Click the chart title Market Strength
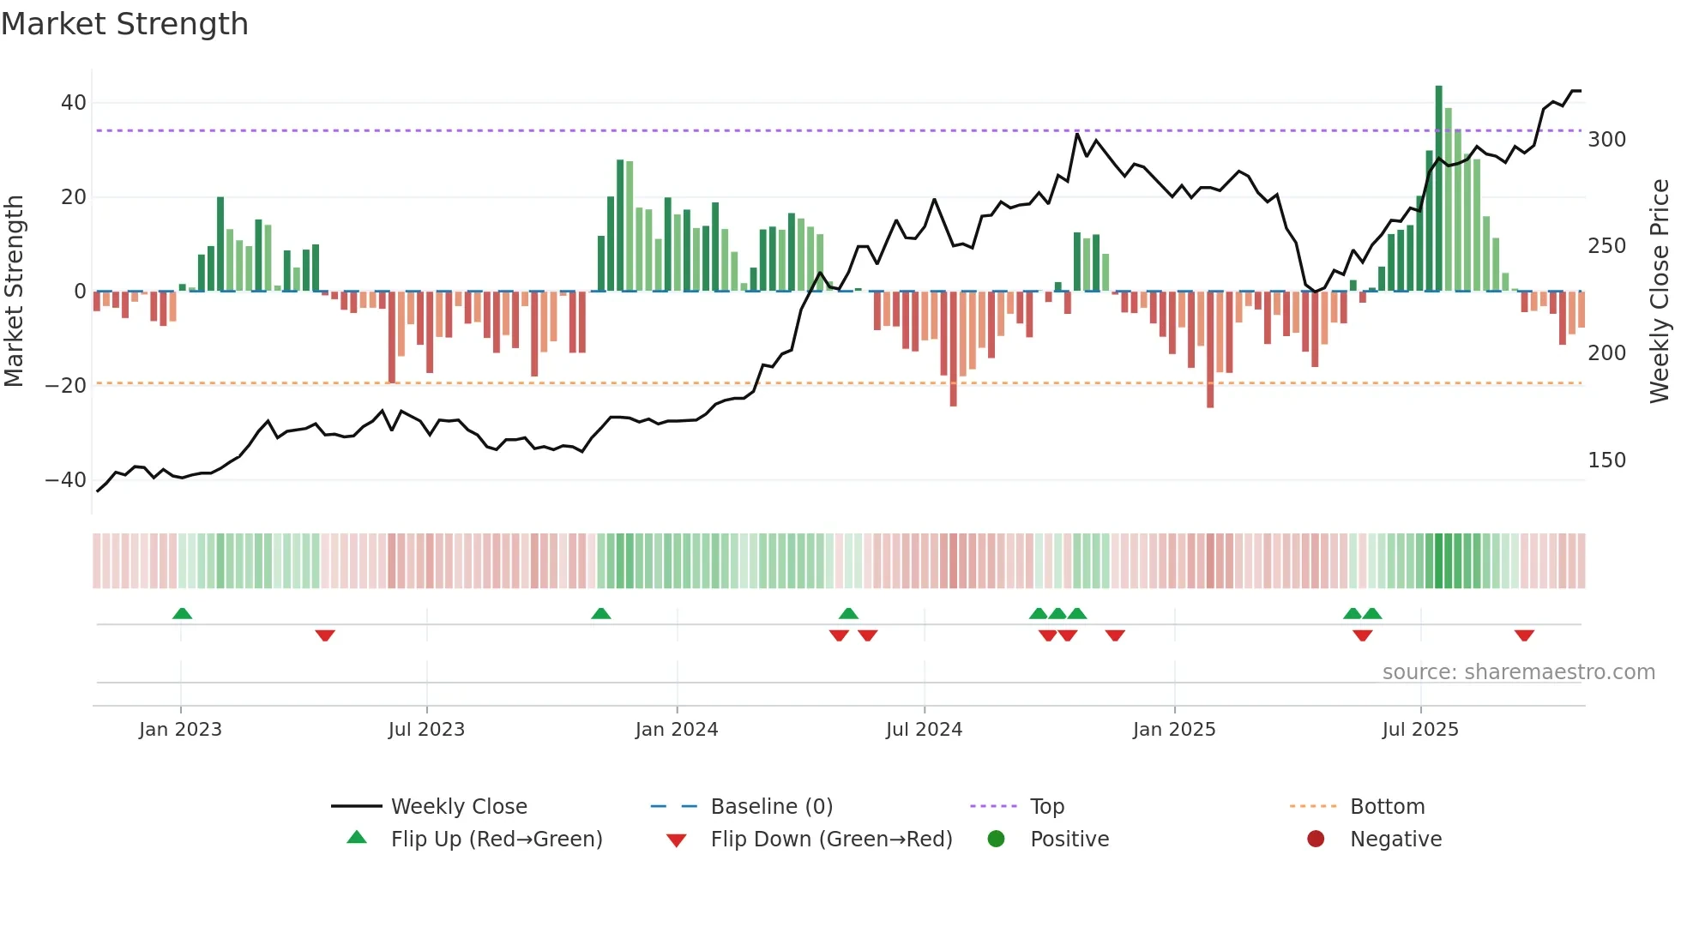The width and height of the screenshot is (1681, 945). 125,24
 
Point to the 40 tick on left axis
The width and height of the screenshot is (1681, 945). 74,103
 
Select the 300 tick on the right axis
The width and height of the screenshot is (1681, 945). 1606,140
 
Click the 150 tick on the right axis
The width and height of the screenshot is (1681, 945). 1606,460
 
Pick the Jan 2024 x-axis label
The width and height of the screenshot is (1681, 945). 677,730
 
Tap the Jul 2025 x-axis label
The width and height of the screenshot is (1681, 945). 1420,730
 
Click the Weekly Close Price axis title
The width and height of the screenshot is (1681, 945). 1660,292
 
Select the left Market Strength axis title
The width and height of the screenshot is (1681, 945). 15,292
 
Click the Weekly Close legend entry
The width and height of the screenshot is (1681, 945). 459,807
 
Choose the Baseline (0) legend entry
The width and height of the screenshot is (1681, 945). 771,807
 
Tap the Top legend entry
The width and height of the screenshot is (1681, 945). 1046,807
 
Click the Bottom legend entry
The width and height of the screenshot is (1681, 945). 1387,807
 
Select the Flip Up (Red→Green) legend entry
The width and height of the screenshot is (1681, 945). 496,840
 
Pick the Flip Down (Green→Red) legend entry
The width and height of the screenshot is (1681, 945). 830,840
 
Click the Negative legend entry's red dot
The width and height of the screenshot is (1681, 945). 1316,839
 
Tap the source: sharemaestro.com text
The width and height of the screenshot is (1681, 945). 1518,672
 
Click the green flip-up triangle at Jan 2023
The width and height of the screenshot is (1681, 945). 182,614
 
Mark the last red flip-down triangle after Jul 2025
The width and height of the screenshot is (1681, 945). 1524,635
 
